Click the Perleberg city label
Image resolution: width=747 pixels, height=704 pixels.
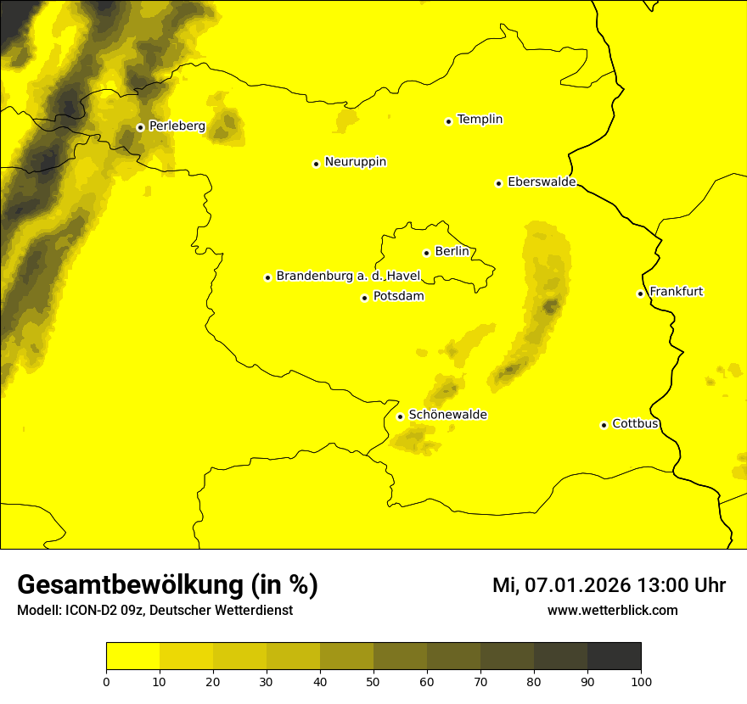coord(177,126)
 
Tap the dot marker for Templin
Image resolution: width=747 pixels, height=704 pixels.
coord(448,121)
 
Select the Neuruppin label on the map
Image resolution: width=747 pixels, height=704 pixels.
coord(355,162)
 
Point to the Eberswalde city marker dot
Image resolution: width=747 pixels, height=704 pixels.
coord(498,183)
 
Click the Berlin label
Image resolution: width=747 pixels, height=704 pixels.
coord(452,252)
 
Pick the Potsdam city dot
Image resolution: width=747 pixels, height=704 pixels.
coord(364,298)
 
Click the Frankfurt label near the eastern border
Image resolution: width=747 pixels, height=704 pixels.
coord(676,292)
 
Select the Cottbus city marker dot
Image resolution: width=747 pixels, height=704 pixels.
coord(604,425)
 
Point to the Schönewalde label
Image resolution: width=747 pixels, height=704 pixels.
coord(447,415)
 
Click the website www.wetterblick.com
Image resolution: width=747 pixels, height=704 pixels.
coord(612,610)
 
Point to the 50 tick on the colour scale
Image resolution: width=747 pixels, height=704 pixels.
coord(373,680)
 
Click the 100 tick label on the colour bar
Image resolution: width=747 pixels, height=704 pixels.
coord(641,680)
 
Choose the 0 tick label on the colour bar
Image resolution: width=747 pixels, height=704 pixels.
coord(106,680)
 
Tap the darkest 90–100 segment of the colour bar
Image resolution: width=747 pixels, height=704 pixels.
coord(614,656)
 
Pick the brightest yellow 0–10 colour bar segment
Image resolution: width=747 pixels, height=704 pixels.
coord(132,656)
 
